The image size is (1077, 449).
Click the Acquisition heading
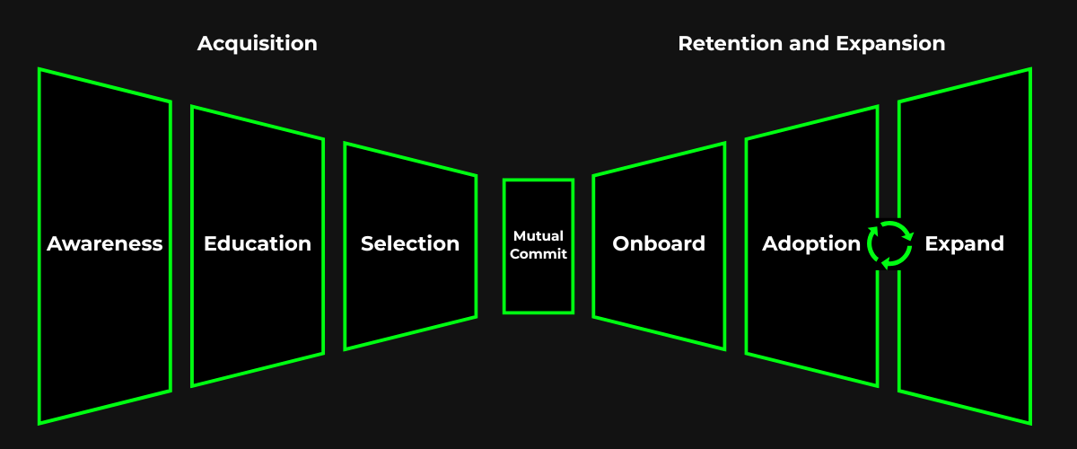257,43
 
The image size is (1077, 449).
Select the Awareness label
105,243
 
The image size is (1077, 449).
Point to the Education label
258,243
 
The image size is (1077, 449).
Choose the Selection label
410,243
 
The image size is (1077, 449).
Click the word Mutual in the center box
538,235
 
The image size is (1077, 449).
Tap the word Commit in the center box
538,254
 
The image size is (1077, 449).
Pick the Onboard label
659,243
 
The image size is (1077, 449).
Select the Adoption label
811,243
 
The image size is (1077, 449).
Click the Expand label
965,243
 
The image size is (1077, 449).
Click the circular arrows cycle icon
890,244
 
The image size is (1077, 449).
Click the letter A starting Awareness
55,243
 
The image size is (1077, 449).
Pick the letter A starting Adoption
770,243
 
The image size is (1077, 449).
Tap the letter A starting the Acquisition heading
206,43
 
